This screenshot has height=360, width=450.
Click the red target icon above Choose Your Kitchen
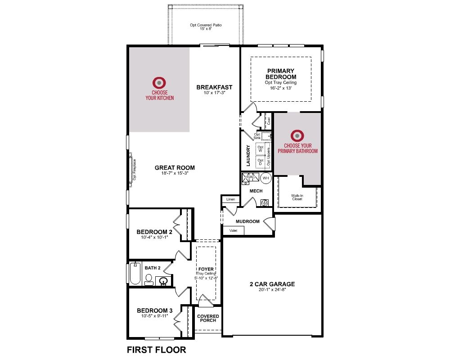[159, 83]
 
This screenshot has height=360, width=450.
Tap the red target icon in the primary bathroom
[297, 135]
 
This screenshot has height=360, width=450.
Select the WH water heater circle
[266, 178]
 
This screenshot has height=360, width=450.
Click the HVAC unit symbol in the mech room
[250, 177]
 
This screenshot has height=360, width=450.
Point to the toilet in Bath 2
[148, 279]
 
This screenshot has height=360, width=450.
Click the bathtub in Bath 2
[135, 273]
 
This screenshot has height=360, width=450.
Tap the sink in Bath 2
[164, 281]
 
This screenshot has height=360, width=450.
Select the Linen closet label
[230, 199]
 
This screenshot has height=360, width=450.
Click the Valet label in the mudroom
[233, 230]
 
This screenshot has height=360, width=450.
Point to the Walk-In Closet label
[297, 197]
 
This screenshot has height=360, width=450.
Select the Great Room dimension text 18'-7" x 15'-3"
[175, 173]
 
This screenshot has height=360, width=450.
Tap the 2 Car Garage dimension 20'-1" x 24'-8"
[272, 290]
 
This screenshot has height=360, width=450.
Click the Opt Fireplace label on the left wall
[134, 170]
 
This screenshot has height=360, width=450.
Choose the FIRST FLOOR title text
[157, 350]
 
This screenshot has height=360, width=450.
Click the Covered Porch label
[208, 318]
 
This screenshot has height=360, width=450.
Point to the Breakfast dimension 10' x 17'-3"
[214, 93]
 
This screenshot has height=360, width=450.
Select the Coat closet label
[269, 121]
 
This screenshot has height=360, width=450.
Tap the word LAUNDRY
[248, 155]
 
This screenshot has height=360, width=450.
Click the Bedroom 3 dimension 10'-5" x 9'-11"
[154, 316]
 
